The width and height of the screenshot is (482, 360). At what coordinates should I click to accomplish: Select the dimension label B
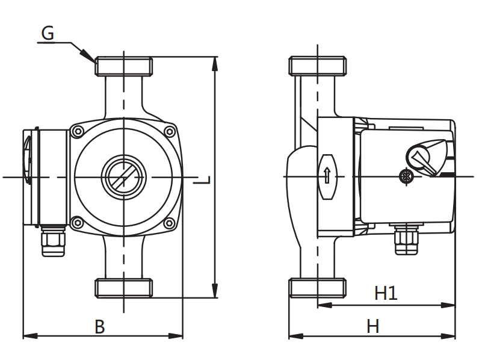pyautogui.click(x=100, y=326)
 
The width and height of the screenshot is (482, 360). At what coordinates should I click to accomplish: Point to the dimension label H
pyautogui.click(x=373, y=326)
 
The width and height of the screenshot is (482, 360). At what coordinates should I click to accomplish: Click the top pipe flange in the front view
pyautogui.click(x=123, y=66)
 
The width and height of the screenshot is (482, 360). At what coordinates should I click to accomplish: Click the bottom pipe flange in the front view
pyautogui.click(x=123, y=287)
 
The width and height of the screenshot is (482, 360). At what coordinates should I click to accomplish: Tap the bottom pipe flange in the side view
pyautogui.click(x=318, y=288)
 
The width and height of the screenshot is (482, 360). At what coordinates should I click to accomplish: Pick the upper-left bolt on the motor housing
pyautogui.click(x=76, y=131)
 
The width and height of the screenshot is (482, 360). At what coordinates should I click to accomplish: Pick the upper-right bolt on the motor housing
pyautogui.click(x=170, y=131)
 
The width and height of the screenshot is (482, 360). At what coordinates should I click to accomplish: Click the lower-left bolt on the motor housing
pyautogui.click(x=76, y=223)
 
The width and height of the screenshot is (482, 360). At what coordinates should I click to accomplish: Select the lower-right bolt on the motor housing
pyautogui.click(x=170, y=223)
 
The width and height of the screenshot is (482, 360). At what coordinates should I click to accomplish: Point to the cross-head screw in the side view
pyautogui.click(x=404, y=176)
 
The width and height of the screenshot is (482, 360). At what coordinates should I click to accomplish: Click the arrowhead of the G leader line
pyautogui.click(x=93, y=60)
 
